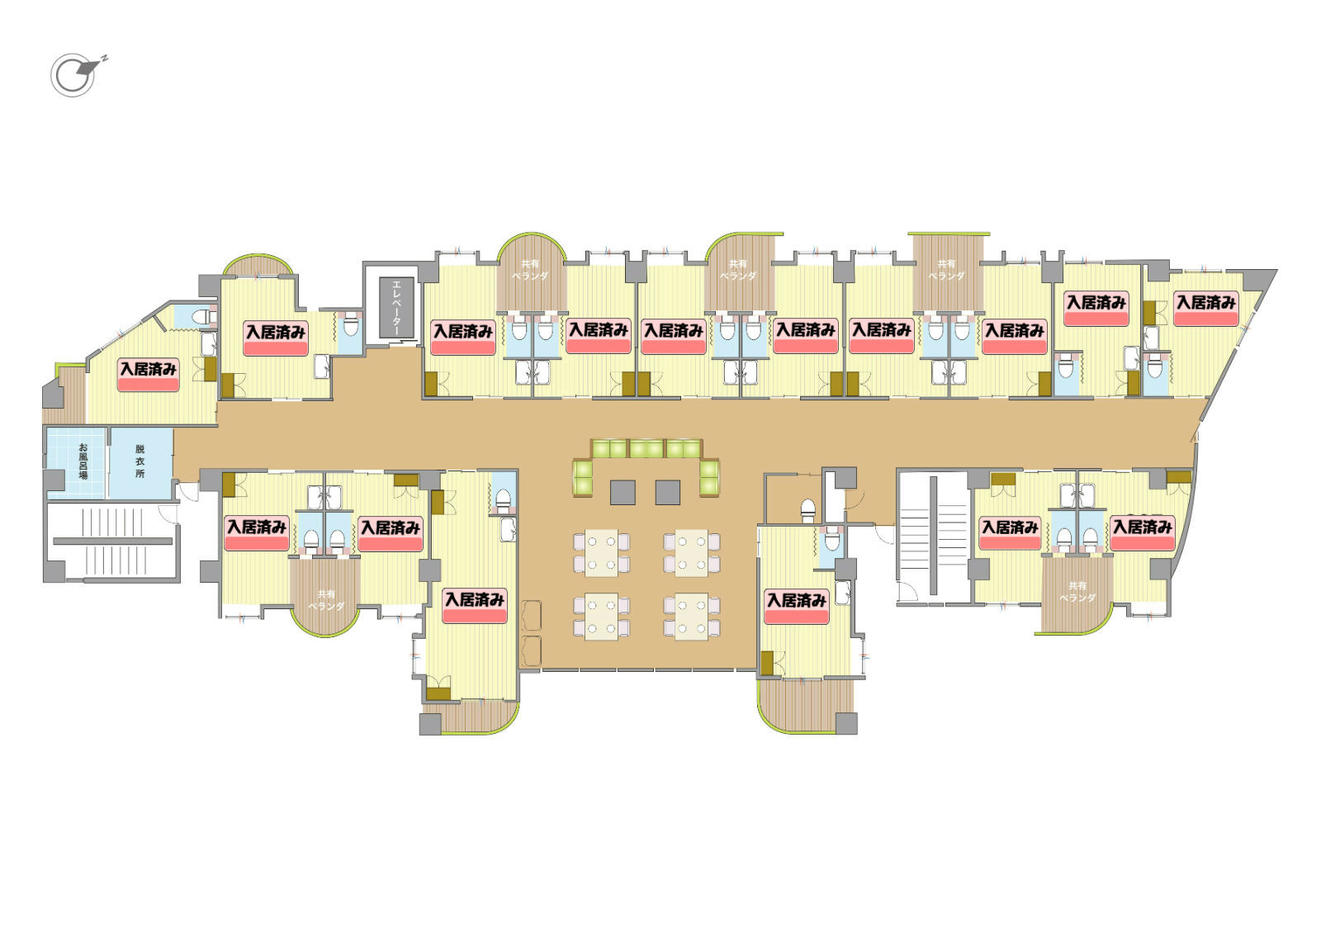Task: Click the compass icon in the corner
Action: click(x=75, y=75)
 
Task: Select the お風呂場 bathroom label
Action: click(x=83, y=461)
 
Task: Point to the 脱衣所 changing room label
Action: click(x=140, y=461)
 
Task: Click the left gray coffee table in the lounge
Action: click(x=623, y=492)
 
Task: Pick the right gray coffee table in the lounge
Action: click(x=668, y=492)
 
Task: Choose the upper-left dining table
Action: click(x=602, y=553)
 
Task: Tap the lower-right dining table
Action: click(x=692, y=617)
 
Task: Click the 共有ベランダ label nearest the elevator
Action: click(x=530, y=270)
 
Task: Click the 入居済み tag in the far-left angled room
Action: click(x=148, y=375)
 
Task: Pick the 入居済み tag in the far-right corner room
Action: click(x=1205, y=309)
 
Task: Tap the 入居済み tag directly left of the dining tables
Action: click(x=475, y=606)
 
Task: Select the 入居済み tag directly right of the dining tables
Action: click(x=797, y=607)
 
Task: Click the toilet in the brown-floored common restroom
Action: click(x=808, y=511)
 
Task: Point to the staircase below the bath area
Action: click(x=112, y=541)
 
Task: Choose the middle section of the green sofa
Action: click(x=647, y=449)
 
